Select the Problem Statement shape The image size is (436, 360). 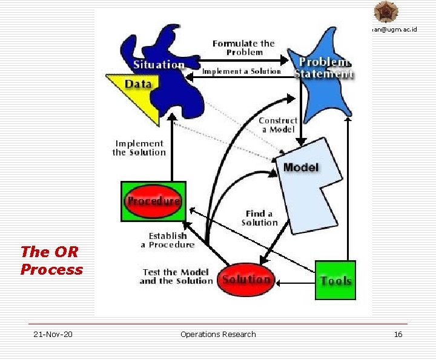(x=323, y=79)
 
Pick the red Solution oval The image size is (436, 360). (x=246, y=280)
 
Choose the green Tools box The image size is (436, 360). (x=335, y=280)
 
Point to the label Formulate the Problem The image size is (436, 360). (x=243, y=48)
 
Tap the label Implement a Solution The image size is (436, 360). (x=242, y=71)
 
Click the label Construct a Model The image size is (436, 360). (x=278, y=125)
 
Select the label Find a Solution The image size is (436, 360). (x=259, y=218)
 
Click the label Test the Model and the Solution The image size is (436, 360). (x=176, y=277)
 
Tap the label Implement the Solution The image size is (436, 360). (x=139, y=148)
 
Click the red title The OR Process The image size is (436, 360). (x=51, y=260)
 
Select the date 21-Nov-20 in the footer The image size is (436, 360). (x=53, y=334)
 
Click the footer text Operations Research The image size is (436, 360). (x=218, y=334)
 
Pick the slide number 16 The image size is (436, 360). (x=398, y=334)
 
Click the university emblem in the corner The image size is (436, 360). (x=386, y=11)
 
